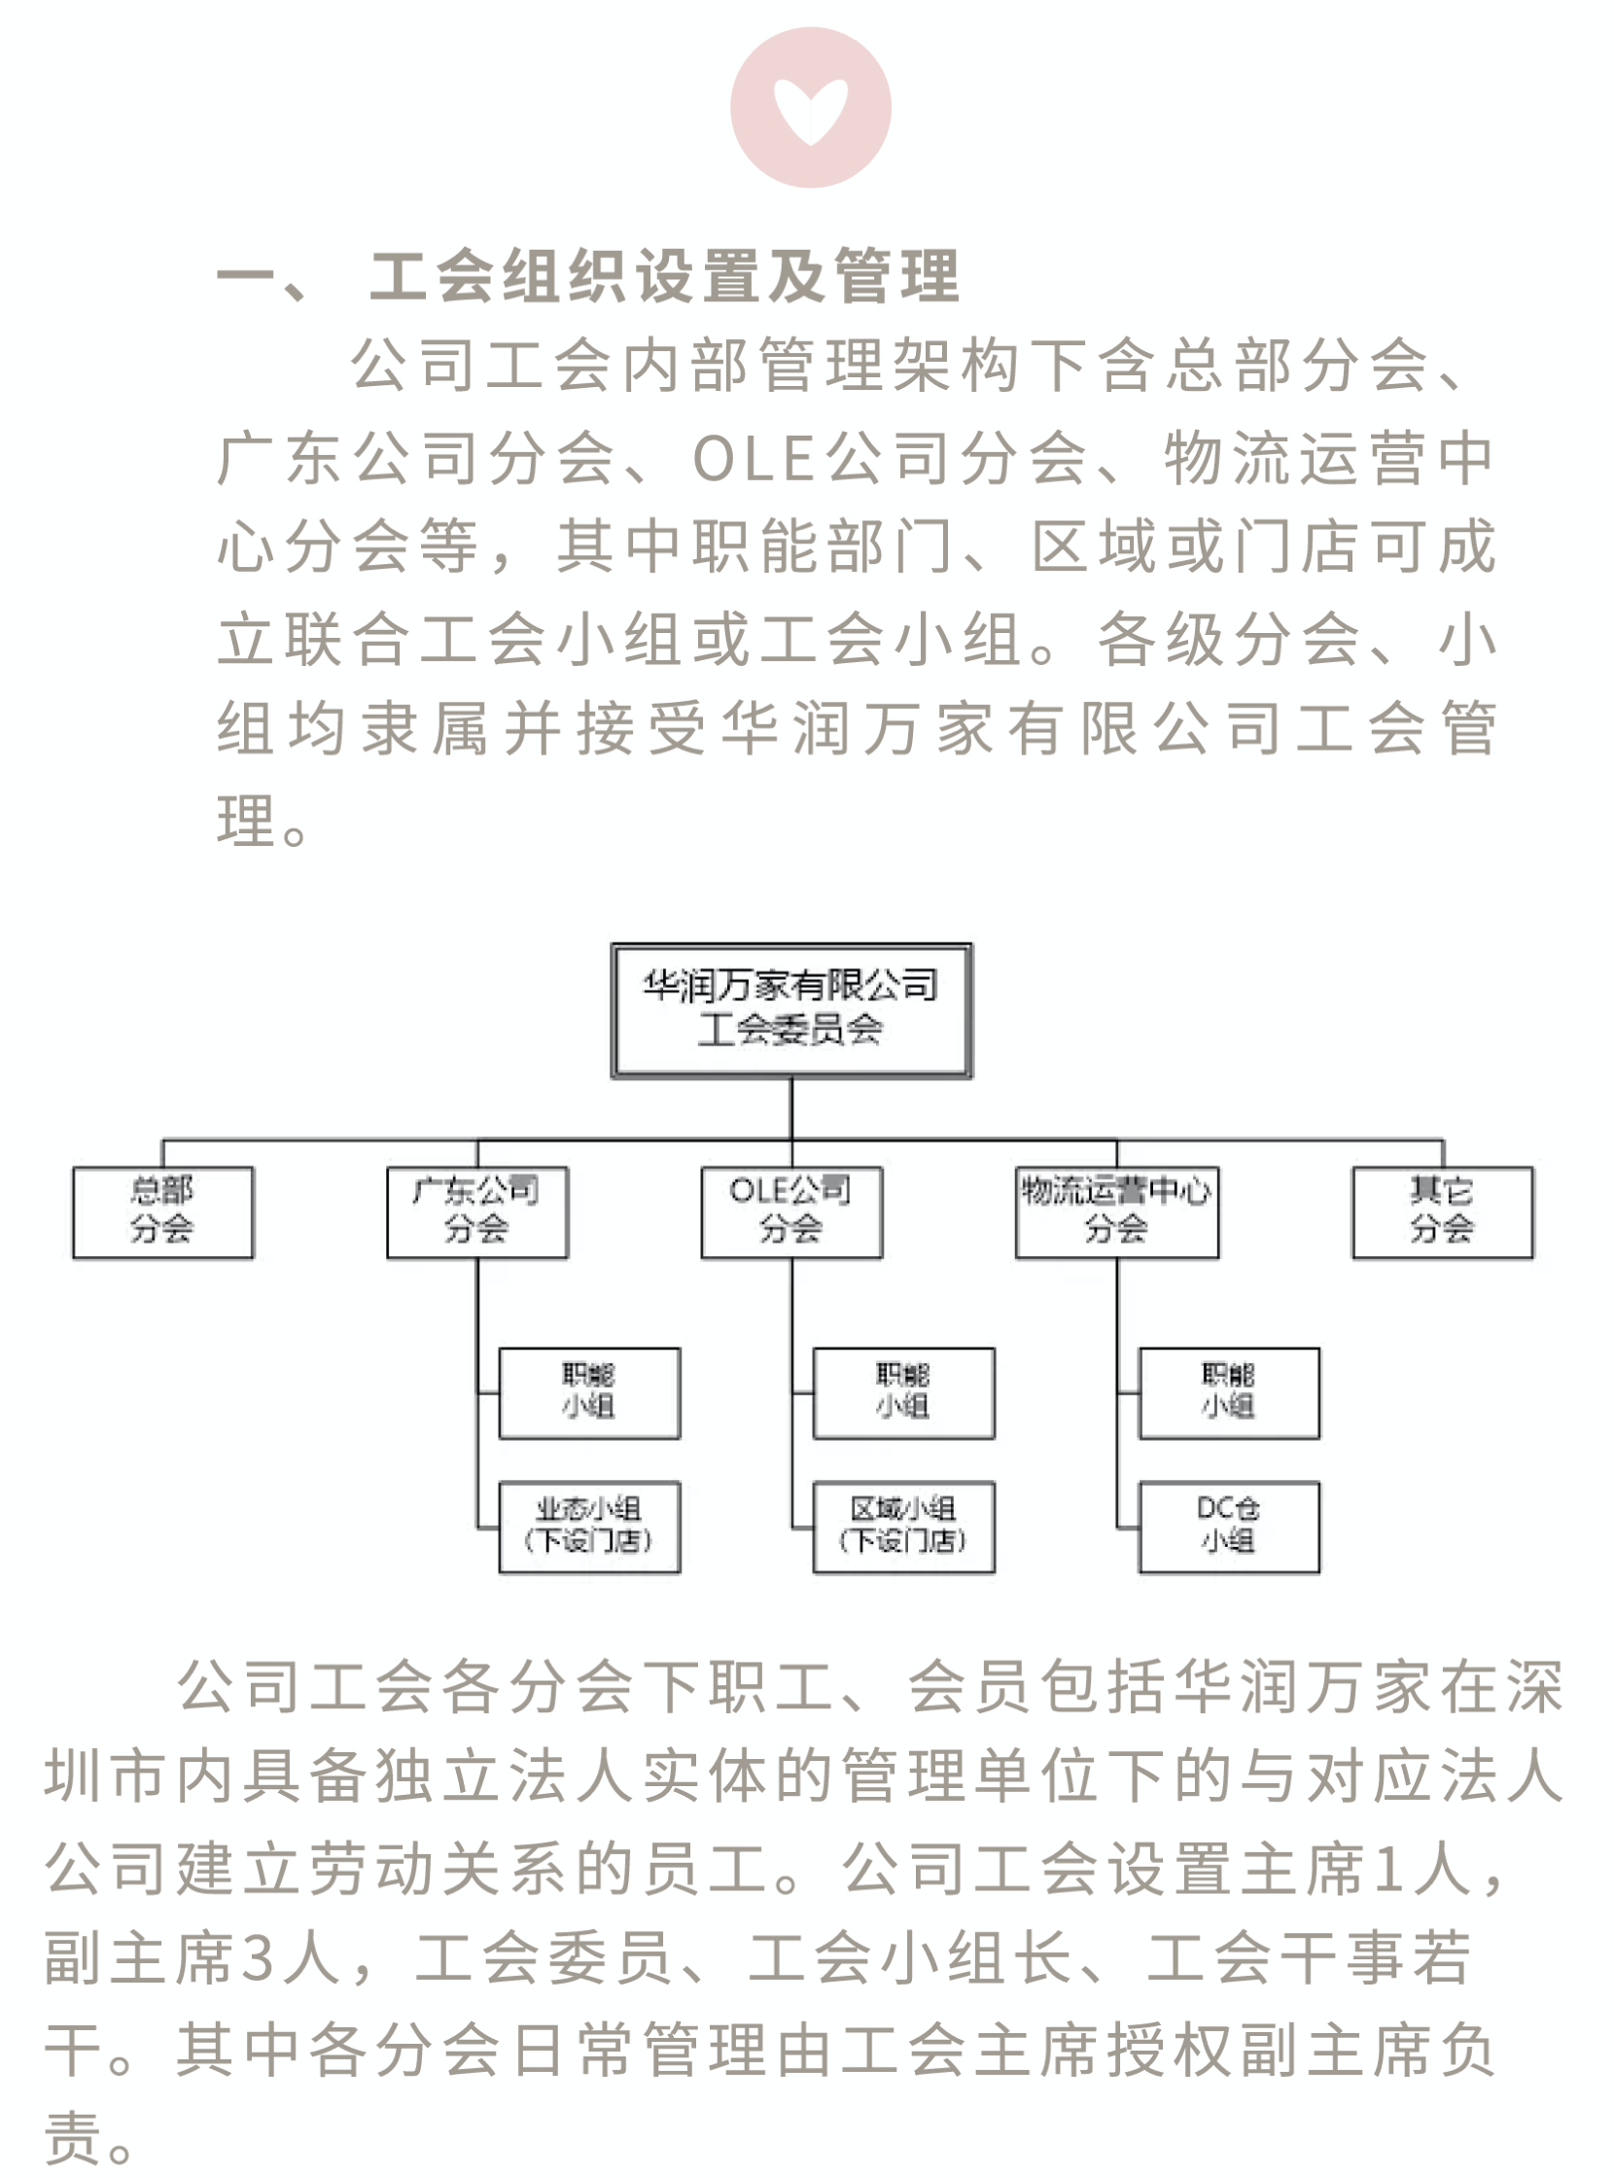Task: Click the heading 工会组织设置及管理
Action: click(x=664, y=276)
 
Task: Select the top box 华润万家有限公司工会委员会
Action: click(x=791, y=1010)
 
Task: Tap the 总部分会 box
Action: click(x=163, y=1212)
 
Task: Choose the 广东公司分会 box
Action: click(x=476, y=1212)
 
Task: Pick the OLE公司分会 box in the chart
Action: click(x=791, y=1212)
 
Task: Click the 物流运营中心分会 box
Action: click(x=1117, y=1212)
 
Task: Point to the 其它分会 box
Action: click(x=1442, y=1212)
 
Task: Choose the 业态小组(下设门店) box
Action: click(x=589, y=1528)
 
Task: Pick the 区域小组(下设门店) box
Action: click(x=903, y=1528)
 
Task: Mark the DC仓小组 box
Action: click(x=1229, y=1528)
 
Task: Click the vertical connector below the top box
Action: click(x=791, y=1108)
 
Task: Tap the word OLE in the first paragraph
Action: click(x=754, y=458)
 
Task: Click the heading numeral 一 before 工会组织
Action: click(x=245, y=276)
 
